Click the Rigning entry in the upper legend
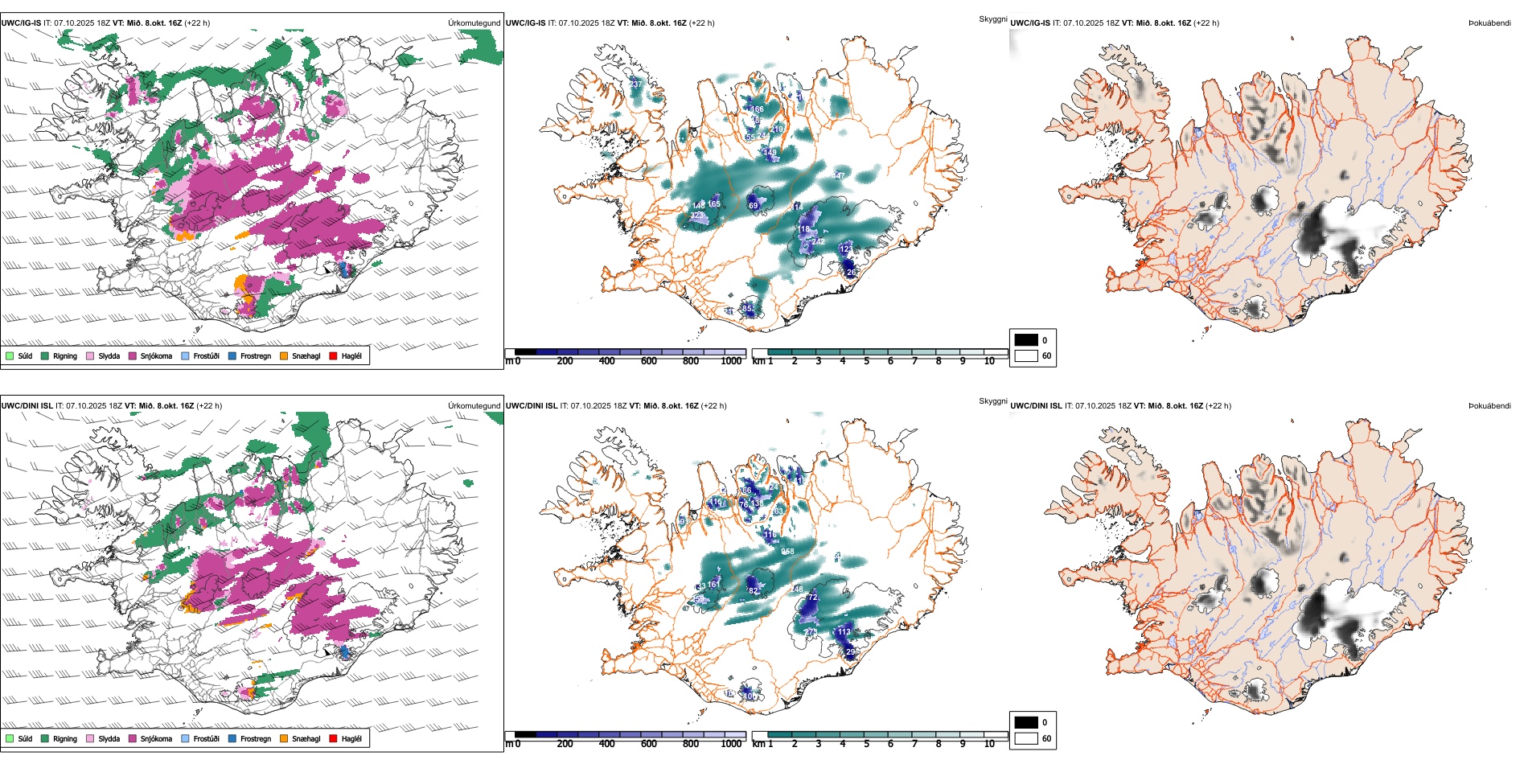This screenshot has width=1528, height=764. (64, 356)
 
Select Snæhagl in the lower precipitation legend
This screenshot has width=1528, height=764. (306, 738)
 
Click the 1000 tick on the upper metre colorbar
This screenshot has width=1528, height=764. (731, 361)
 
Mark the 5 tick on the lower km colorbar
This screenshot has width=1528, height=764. (867, 744)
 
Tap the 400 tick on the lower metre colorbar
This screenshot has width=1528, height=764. (606, 744)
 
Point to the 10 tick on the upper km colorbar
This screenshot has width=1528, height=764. (989, 361)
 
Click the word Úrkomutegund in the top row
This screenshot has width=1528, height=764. (474, 23)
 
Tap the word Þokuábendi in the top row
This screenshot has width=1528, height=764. (1489, 23)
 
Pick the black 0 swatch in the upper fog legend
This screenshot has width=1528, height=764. (1026, 340)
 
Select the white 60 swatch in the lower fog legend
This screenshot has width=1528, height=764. (1026, 738)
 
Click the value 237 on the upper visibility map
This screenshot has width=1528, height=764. (636, 84)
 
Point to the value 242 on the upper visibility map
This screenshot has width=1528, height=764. (818, 241)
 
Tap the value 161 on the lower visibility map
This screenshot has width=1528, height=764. (713, 585)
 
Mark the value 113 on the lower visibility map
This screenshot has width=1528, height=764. (844, 632)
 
